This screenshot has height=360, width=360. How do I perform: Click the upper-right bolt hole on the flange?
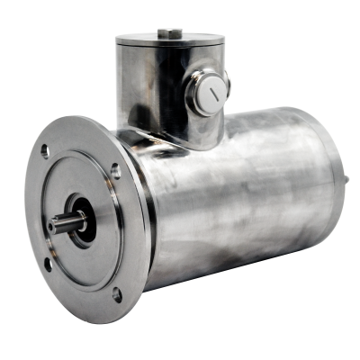116,168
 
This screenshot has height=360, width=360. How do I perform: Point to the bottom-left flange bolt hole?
48,263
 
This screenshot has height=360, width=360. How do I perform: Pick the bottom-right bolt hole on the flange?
117,293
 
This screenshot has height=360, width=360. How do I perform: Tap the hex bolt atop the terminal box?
168,34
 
